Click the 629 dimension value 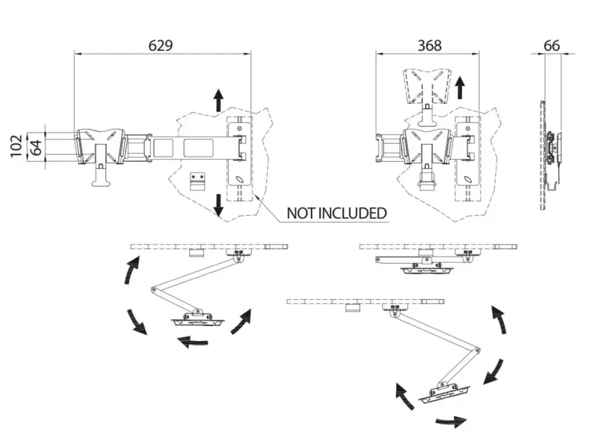pyautogui.click(x=161, y=45)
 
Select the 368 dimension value pyautogui.click(x=429, y=45)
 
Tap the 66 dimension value pyautogui.click(x=552, y=45)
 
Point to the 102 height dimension pyautogui.click(x=16, y=146)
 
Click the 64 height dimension pyautogui.click(x=36, y=147)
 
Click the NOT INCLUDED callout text pyautogui.click(x=336, y=213)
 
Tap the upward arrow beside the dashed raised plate pyautogui.click(x=460, y=87)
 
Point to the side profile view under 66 pyautogui.click(x=550, y=155)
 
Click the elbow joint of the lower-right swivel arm pyautogui.click(x=478, y=350)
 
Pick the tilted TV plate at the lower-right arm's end pyautogui.click(x=444, y=393)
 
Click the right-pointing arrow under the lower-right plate pyautogui.click(x=452, y=420)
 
